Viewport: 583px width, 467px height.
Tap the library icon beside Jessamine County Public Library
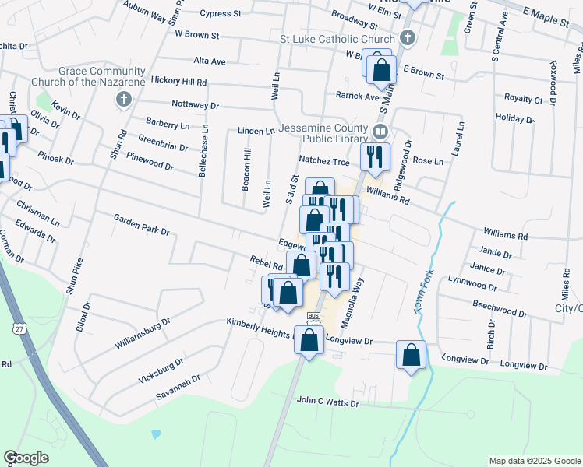coord(380,131)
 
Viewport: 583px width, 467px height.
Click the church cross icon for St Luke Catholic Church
coord(407,37)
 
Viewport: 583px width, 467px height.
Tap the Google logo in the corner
coord(26,457)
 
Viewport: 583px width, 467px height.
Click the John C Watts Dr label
coord(327,402)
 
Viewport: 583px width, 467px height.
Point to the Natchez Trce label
coord(325,161)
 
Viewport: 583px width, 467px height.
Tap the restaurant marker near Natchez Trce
coord(374,156)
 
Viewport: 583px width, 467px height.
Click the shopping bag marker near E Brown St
coord(381,70)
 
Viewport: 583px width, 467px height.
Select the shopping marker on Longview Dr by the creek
coord(411,355)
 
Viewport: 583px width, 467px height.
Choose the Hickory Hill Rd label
coord(178,81)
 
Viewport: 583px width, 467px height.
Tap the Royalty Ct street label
coord(523,99)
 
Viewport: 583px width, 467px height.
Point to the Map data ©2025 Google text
coord(534,461)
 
